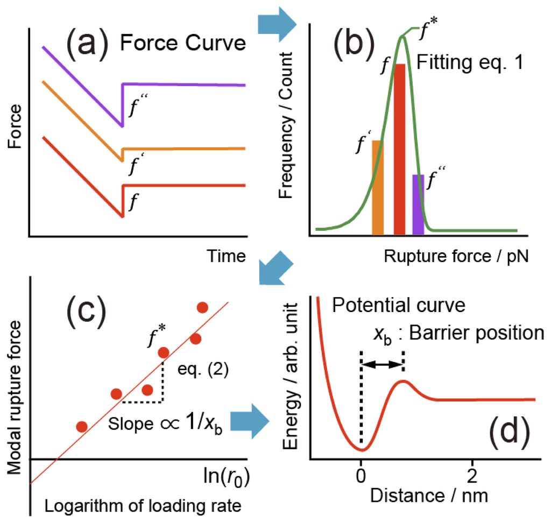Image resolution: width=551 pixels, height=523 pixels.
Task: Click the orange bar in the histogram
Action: click(x=378, y=187)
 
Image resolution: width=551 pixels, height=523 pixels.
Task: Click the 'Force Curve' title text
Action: click(x=183, y=43)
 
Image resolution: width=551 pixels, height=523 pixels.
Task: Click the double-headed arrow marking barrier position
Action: click(x=383, y=365)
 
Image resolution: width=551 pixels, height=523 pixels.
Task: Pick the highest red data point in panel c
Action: click(x=202, y=308)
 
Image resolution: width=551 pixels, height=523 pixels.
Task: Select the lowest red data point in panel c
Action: click(x=82, y=427)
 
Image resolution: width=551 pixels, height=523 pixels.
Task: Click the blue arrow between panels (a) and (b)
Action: click(x=278, y=23)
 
